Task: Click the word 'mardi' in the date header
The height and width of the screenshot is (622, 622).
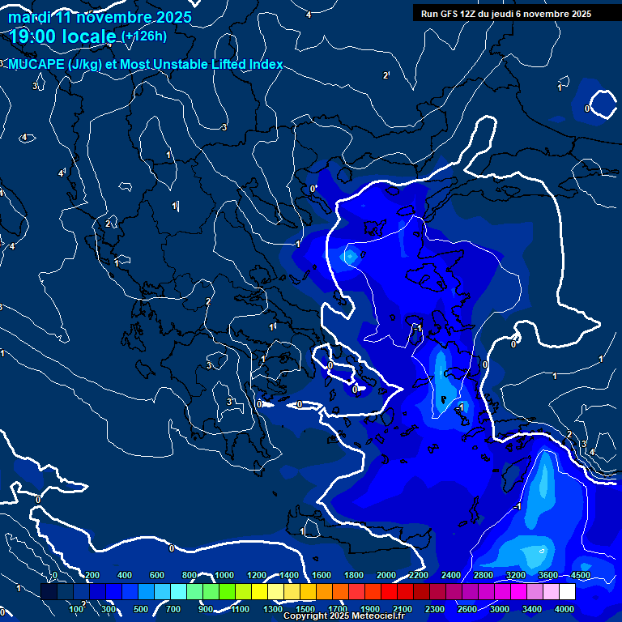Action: coord(28,17)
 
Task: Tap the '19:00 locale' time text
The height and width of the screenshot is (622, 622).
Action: coord(63,36)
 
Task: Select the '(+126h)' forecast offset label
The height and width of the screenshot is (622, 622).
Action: coord(144,36)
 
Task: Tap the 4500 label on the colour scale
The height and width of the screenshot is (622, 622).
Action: coord(581,575)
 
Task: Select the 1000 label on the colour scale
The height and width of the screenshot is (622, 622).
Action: coord(224,575)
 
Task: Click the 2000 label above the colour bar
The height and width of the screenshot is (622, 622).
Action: coord(386,575)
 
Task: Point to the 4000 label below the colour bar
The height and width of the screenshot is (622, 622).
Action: coord(564,609)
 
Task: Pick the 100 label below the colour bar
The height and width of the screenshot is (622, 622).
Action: coord(78,609)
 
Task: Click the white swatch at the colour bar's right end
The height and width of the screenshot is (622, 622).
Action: coord(567,593)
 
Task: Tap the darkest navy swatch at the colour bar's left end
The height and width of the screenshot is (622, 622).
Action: coord(49,593)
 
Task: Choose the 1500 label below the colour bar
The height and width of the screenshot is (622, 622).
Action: coord(305,609)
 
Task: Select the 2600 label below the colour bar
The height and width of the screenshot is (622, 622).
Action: coord(467,609)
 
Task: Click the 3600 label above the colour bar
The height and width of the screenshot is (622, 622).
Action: coord(548,575)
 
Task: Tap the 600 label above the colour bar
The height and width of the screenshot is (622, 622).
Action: coord(157,575)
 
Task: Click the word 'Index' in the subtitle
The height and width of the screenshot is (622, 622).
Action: coord(266,65)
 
